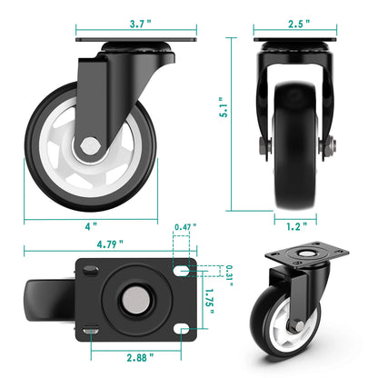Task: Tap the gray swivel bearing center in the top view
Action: (x=133, y=301)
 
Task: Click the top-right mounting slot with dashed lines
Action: (x=182, y=270)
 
